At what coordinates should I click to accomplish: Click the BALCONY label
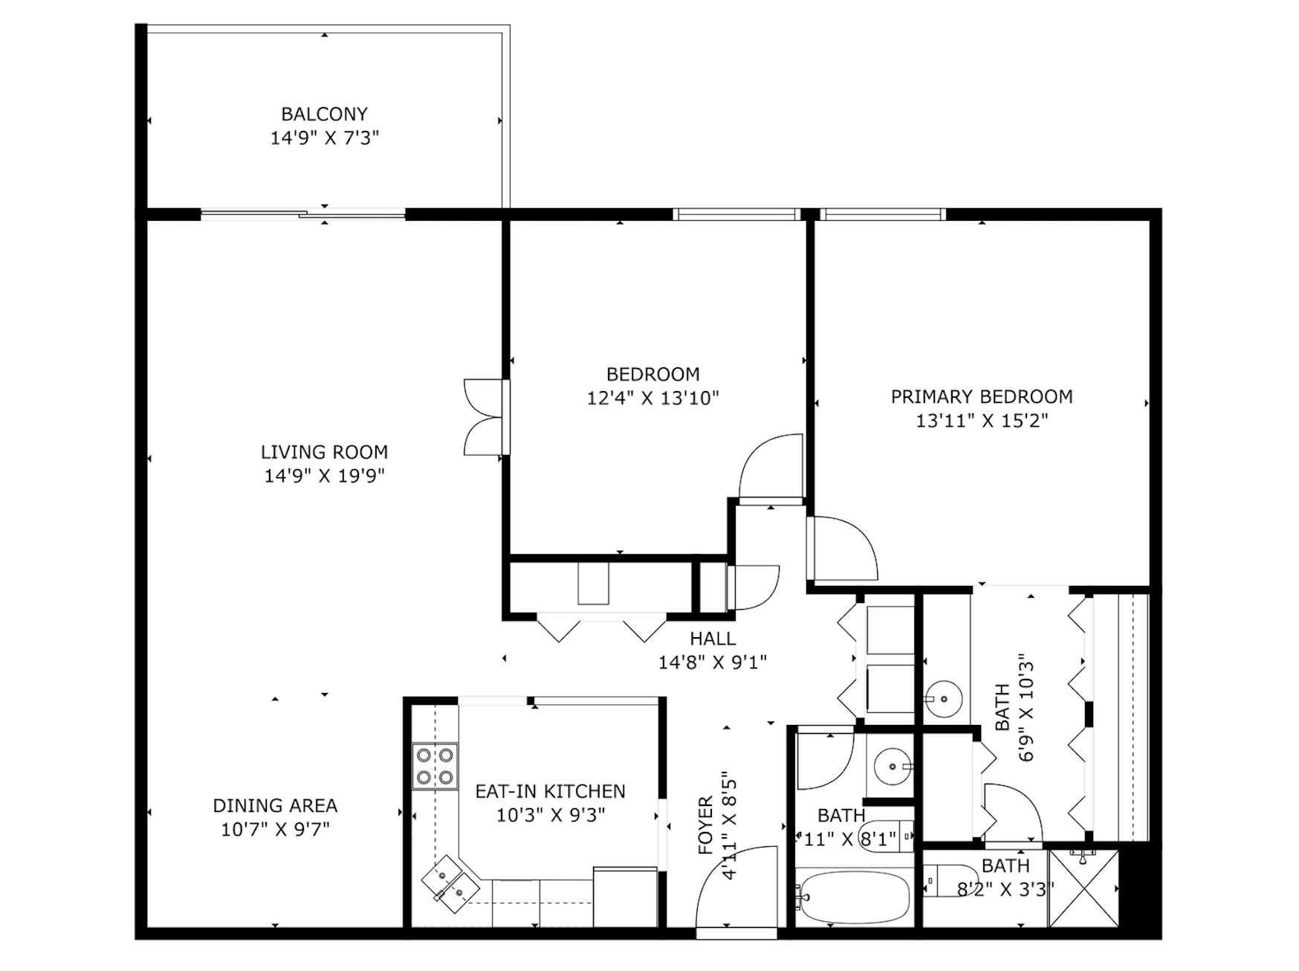(324, 114)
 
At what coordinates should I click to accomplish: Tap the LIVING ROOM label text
(324, 452)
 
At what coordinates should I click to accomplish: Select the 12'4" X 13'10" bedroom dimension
(653, 399)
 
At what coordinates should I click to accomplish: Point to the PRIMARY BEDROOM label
(982, 396)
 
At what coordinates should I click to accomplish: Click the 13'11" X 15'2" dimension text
(982, 421)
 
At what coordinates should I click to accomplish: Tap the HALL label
(713, 638)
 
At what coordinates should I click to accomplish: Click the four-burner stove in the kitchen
(435, 767)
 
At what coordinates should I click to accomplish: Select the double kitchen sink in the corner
(450, 883)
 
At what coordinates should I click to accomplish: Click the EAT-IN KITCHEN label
(551, 791)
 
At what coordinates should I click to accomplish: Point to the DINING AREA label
(275, 805)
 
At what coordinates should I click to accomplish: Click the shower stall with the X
(1083, 888)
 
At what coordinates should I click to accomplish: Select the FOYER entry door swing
(736, 888)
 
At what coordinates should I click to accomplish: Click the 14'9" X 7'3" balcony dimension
(325, 138)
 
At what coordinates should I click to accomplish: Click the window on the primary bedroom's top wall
(883, 215)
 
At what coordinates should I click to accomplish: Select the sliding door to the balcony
(303, 215)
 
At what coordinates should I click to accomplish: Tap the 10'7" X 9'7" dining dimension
(275, 829)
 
